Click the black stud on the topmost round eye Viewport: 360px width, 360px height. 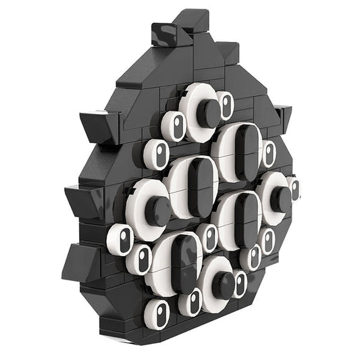click(x=209, y=113)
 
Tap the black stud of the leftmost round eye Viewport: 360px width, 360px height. click(x=159, y=211)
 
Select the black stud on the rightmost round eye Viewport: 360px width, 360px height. click(x=281, y=199)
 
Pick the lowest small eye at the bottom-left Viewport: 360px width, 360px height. click(x=157, y=314)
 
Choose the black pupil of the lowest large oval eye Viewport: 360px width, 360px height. click(x=182, y=263)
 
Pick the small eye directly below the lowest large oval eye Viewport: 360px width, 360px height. click(x=192, y=301)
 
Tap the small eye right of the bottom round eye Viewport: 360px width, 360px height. click(x=240, y=284)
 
